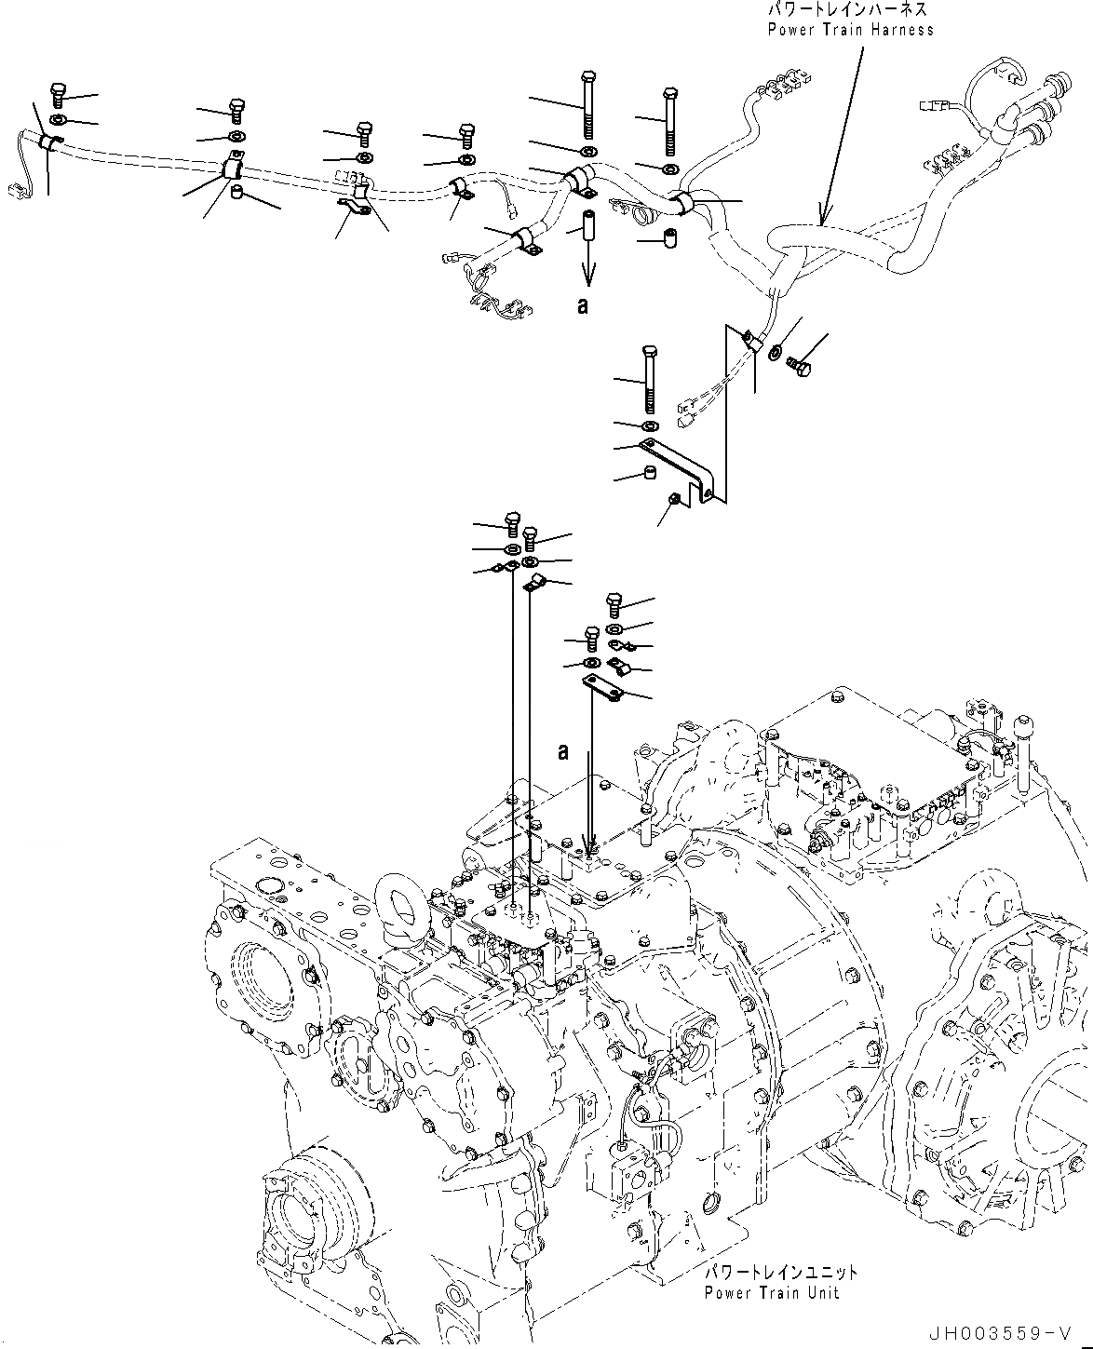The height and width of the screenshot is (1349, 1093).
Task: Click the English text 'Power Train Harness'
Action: point(850,30)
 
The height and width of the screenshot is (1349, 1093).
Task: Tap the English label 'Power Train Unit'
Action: point(772,1292)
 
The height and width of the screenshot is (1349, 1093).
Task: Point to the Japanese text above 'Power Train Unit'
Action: point(779,1273)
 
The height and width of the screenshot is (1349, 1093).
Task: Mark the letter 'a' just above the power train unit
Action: point(563,751)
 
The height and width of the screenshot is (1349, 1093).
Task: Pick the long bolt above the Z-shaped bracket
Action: point(649,379)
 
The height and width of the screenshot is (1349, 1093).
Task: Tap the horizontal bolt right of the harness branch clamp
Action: point(800,365)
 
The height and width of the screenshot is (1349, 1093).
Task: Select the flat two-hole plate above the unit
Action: point(602,687)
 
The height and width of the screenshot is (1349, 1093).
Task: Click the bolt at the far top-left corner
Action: point(56,94)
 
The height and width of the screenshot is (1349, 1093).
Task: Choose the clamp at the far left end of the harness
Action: point(48,142)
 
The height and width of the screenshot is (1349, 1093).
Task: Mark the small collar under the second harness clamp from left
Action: point(237,194)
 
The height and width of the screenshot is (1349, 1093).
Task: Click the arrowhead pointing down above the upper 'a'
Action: point(588,277)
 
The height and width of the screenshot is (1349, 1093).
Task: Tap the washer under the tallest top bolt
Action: point(587,151)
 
